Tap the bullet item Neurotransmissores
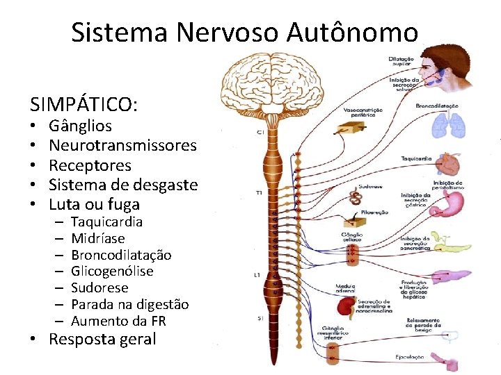pyautogui.click(x=123, y=146)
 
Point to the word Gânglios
pyautogui.click(x=80, y=126)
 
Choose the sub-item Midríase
pyautogui.click(x=98, y=238)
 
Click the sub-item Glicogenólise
pyautogui.click(x=112, y=271)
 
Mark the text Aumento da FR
pyautogui.click(x=118, y=321)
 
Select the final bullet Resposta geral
pyautogui.click(x=102, y=340)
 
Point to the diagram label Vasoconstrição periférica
pyautogui.click(x=362, y=112)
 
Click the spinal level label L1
pyautogui.click(x=257, y=275)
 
